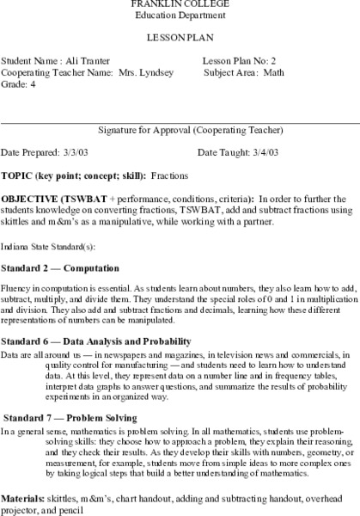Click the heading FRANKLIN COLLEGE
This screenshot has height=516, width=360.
180,3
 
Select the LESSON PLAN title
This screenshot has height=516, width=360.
180,39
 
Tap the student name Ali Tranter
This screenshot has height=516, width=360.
84,62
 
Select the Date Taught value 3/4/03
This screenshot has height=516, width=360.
262,152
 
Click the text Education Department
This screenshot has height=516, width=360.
180,15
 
